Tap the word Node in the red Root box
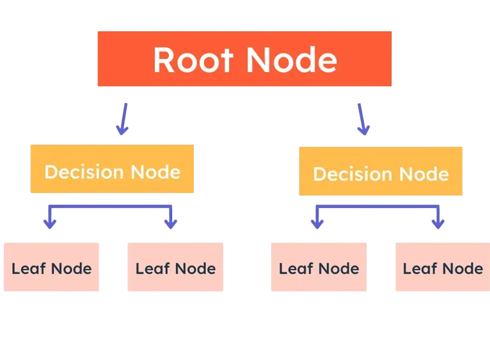pyautogui.click(x=295, y=60)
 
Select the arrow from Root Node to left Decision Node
pyautogui.click(x=123, y=119)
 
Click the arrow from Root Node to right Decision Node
pyautogui.click(x=362, y=119)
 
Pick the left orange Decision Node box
pyautogui.click(x=112, y=168)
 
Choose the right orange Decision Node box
pyautogui.click(x=380, y=171)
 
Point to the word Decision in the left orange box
pyautogui.click(x=84, y=172)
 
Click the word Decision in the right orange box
pyautogui.click(x=352, y=174)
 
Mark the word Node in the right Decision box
pyautogui.click(x=424, y=174)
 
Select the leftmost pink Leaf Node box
pyautogui.click(x=51, y=267)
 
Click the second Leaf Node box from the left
pyautogui.click(x=175, y=267)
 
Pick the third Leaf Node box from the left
pyautogui.click(x=318, y=267)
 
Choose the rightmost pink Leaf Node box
pyautogui.click(x=442, y=267)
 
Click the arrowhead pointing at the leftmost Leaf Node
pyautogui.click(x=49, y=223)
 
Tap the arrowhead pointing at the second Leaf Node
pyautogui.click(x=171, y=223)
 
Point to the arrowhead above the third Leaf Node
pyautogui.click(x=317, y=223)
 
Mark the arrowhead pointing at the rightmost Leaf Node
pyautogui.click(x=437, y=223)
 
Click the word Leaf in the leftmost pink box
pyautogui.click(x=27, y=269)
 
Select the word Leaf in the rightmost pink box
pyautogui.click(x=418, y=269)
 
